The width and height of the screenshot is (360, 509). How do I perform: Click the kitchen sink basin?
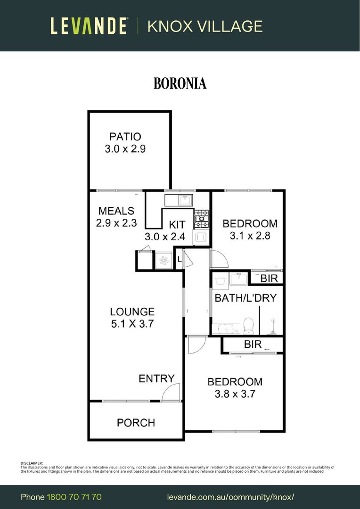pyautogui.click(x=185, y=200)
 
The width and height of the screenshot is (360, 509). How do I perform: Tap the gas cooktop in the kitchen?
pyautogui.click(x=201, y=219)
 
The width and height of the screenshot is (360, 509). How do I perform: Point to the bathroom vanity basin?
pyautogui.click(x=238, y=279)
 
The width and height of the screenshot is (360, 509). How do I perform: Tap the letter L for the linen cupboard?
pyautogui.click(x=179, y=259)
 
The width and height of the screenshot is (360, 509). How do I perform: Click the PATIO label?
pyautogui.click(x=125, y=136)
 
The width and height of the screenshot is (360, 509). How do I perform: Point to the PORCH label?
pyautogui.click(x=136, y=423)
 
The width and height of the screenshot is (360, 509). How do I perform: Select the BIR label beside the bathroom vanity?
pyautogui.click(x=269, y=278)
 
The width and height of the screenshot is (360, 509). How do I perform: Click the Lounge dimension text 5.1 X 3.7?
pyautogui.click(x=132, y=324)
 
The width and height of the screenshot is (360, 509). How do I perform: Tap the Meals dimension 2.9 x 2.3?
pyautogui.click(x=116, y=223)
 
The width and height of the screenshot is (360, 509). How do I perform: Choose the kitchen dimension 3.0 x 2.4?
pyautogui.click(x=165, y=237)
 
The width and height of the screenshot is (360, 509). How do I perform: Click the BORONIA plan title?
pyautogui.click(x=180, y=83)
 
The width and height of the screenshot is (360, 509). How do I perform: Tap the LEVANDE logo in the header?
pyautogui.click(x=89, y=26)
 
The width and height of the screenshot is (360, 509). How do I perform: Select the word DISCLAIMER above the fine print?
pyautogui.click(x=32, y=463)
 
